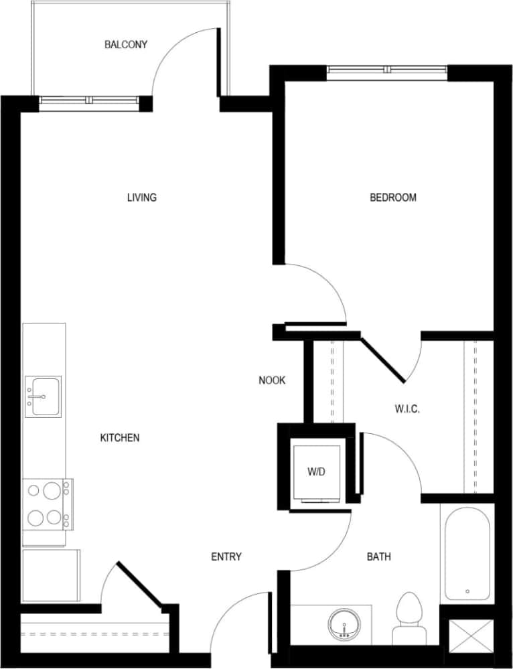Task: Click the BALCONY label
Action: (125, 45)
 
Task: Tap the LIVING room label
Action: (141, 198)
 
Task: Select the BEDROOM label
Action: (393, 198)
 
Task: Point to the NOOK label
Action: (272, 380)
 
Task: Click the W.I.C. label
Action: (407, 409)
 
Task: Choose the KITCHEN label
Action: (120, 438)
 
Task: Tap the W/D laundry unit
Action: (317, 471)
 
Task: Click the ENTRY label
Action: (226, 557)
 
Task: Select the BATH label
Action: (379, 557)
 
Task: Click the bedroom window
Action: (387, 70)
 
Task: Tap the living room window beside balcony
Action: (88, 101)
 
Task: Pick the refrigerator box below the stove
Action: (51, 576)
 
